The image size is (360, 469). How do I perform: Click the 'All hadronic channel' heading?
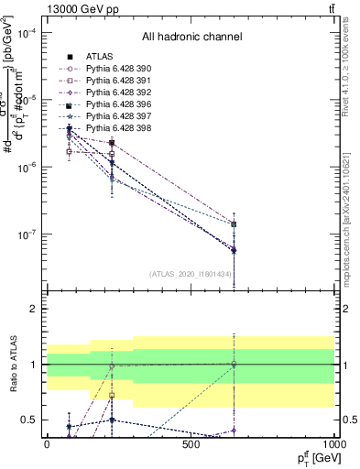(191, 38)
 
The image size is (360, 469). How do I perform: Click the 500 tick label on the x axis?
(191, 444)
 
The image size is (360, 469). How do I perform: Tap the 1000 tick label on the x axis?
(334, 444)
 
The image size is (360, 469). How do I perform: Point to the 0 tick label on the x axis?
(47, 444)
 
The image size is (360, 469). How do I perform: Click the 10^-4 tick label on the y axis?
(27, 33)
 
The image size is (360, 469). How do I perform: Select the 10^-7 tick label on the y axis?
(27, 234)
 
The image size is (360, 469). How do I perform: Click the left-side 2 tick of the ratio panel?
(34, 309)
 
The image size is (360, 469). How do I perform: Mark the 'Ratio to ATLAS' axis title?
(12, 364)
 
